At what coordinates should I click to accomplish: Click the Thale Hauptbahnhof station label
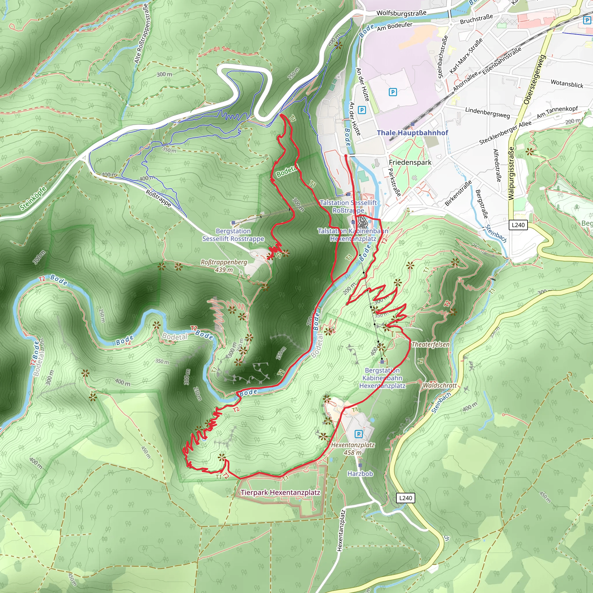click(412, 133)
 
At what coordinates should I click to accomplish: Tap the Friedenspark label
click(410, 162)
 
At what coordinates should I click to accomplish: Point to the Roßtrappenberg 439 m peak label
click(224, 266)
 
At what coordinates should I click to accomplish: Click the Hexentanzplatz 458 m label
click(353, 449)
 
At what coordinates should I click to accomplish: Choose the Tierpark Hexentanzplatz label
click(280, 493)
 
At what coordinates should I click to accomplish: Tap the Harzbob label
click(360, 474)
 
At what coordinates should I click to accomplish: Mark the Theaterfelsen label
click(430, 344)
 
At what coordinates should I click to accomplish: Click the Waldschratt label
click(440, 385)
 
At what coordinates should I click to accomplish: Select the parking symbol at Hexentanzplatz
click(358, 434)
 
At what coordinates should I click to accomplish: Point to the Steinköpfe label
click(33, 198)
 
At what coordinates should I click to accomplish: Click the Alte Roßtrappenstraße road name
click(141, 34)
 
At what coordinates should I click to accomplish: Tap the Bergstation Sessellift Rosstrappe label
click(233, 235)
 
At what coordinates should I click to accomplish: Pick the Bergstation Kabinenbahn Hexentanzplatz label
click(382, 378)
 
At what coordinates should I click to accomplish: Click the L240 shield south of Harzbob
click(405, 498)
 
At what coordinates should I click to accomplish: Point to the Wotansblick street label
click(567, 83)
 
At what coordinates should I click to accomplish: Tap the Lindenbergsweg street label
click(487, 113)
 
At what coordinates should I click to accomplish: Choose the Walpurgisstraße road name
click(511, 173)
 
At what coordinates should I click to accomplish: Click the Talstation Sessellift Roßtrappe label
click(348, 206)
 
